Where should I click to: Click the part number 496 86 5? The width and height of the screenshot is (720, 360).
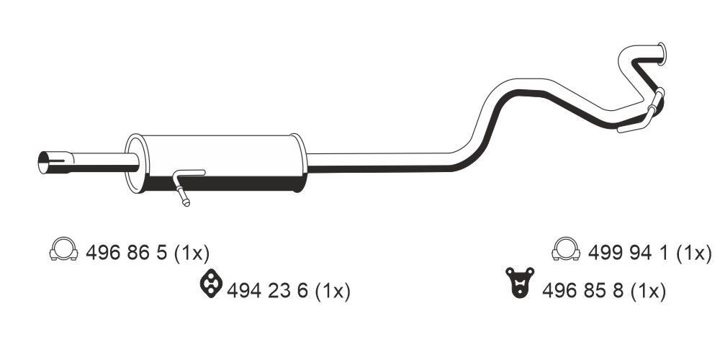(x=127, y=253)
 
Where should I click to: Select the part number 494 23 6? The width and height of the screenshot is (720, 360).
(x=268, y=291)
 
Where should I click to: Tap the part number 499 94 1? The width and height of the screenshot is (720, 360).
(x=630, y=253)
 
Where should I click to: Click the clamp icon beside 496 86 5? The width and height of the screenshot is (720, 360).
(x=63, y=248)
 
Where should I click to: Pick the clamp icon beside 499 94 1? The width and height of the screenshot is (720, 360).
(x=566, y=248)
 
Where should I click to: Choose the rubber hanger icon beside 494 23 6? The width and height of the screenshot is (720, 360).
(x=210, y=283)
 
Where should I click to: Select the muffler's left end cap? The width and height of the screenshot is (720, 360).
(x=132, y=165)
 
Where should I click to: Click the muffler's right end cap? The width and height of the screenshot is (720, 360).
(x=297, y=164)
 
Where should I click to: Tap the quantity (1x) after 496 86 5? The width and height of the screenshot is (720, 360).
(x=190, y=253)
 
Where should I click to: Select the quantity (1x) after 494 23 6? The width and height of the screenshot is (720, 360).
(x=332, y=291)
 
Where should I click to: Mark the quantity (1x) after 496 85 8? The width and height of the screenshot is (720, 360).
(x=647, y=291)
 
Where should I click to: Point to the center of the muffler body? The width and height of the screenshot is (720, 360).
(x=216, y=164)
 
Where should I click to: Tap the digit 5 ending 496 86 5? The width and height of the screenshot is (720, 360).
(x=161, y=253)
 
